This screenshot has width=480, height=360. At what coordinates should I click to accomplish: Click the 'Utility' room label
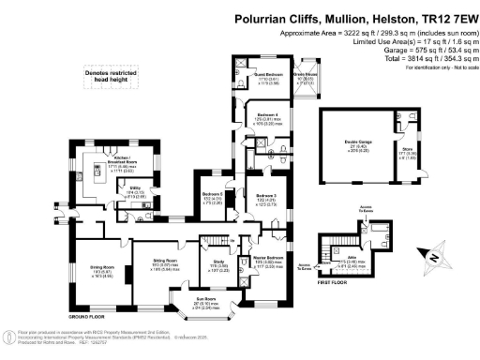[134, 187]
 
